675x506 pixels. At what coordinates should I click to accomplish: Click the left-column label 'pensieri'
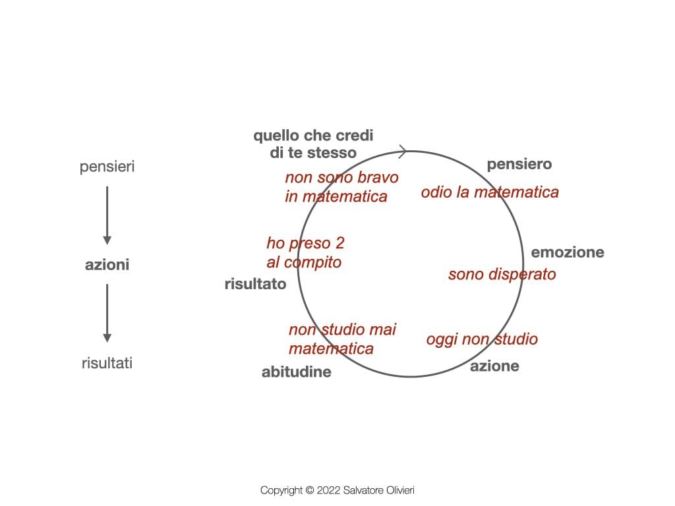[107, 167]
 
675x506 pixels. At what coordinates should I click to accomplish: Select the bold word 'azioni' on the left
[107, 266]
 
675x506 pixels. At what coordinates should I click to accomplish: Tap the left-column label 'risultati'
[107, 363]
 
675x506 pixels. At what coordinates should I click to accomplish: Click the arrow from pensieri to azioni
[107, 215]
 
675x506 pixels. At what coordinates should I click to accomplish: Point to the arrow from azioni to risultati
[107, 313]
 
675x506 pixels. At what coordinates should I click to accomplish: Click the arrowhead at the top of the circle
[401, 152]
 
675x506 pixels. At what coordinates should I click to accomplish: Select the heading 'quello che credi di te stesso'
[313, 144]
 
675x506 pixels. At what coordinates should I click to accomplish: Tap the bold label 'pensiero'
[519, 165]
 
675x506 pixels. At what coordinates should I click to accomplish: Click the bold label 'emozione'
[568, 252]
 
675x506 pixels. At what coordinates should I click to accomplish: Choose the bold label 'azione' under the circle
[494, 366]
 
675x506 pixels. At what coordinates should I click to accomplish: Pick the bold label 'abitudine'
[296, 372]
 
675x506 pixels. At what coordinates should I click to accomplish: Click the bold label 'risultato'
[255, 285]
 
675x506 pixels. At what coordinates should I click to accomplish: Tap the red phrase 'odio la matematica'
[490, 192]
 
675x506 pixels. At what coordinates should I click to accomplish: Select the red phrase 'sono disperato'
[502, 274]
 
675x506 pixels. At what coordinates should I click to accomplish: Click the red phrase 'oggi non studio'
[482, 339]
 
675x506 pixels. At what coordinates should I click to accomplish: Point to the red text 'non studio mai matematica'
[342, 339]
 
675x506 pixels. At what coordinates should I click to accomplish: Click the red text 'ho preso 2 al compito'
[305, 253]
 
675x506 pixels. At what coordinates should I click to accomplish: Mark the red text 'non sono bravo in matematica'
[341, 187]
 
